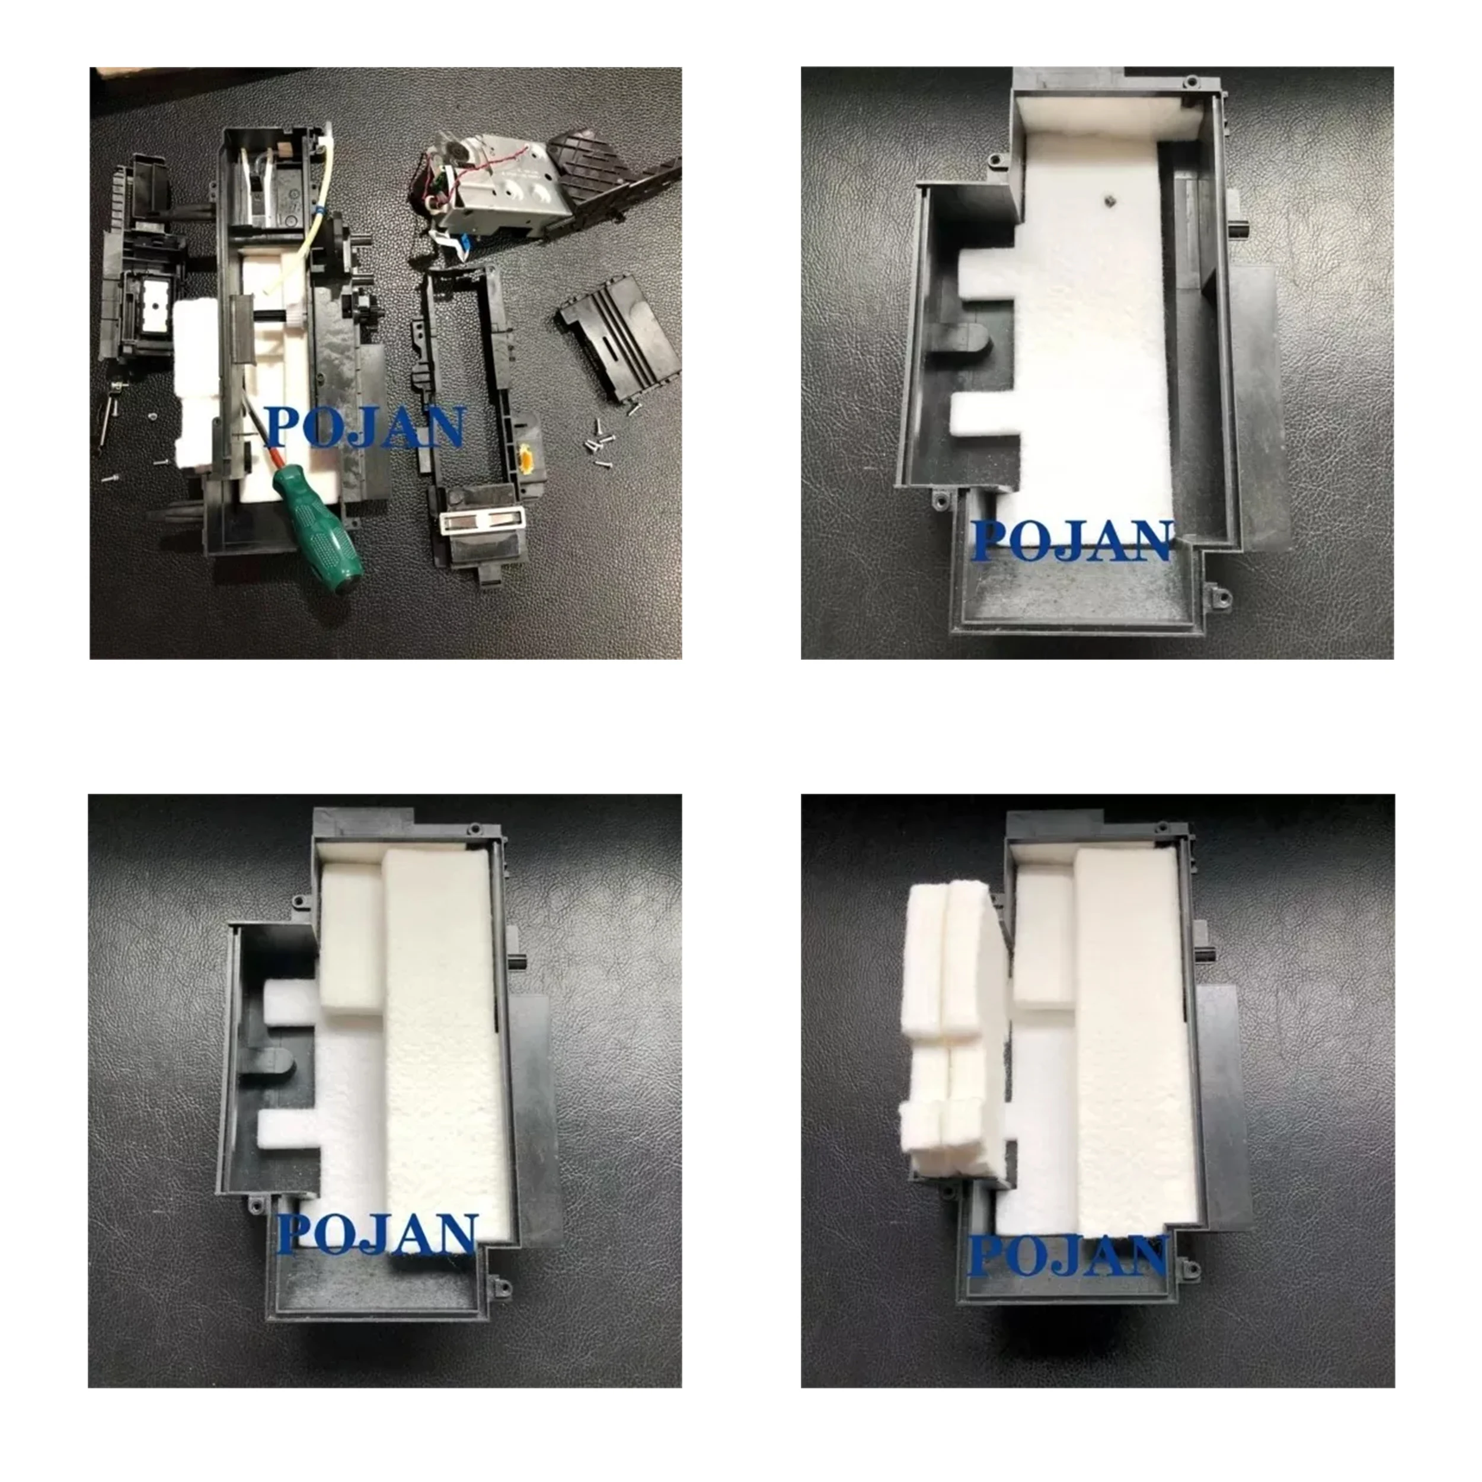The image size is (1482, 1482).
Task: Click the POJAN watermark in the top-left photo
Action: click(x=366, y=427)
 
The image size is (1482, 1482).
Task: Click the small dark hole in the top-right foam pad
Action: click(x=1109, y=199)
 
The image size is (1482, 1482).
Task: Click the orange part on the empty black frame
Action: click(x=526, y=459)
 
